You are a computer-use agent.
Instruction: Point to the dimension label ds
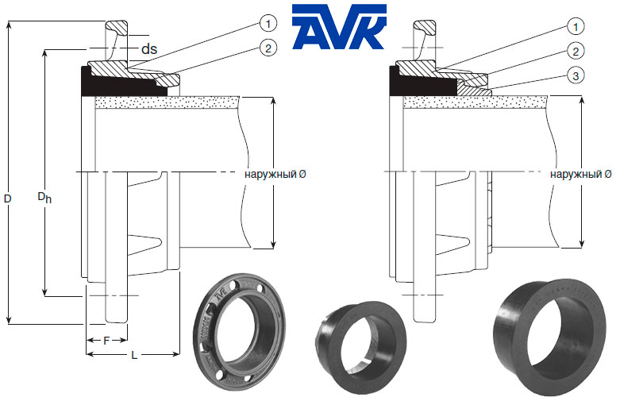pyautogui.click(x=148, y=49)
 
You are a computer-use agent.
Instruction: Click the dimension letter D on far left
pyautogui.click(x=6, y=201)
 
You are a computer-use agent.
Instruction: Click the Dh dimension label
pyautogui.click(x=44, y=196)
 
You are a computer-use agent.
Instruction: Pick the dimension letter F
pyautogui.click(x=107, y=340)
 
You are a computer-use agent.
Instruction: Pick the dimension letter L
pyautogui.click(x=133, y=356)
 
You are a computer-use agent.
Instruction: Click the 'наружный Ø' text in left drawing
pyautogui.click(x=275, y=173)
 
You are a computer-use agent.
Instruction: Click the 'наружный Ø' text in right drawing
pyautogui.click(x=580, y=173)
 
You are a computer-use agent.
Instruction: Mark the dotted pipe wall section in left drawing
pyautogui.click(x=167, y=102)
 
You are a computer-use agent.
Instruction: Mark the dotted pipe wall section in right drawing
pyautogui.click(x=476, y=102)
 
